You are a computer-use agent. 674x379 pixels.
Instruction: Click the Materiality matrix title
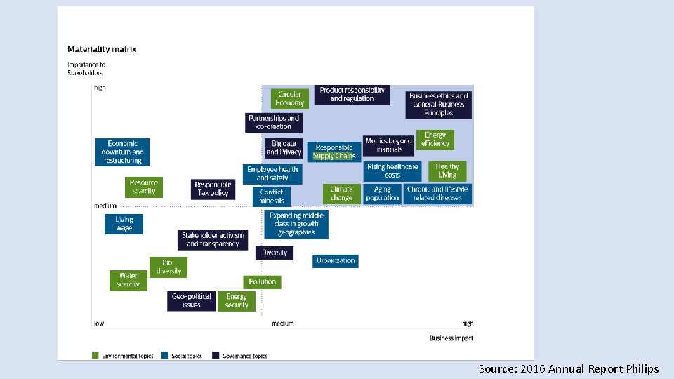[x=102, y=49]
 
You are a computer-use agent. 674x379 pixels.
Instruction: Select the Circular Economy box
[x=289, y=98]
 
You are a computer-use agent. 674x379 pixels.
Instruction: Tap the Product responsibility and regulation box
[x=352, y=95]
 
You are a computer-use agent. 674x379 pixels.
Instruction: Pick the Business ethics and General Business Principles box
[x=439, y=105]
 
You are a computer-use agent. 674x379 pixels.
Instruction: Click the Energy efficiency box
[x=435, y=140]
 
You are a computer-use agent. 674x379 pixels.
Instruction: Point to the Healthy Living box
[x=447, y=171]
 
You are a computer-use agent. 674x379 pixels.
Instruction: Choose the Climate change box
[x=341, y=194]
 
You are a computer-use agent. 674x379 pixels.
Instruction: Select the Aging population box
[x=383, y=194]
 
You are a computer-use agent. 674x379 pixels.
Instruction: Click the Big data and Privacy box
[x=284, y=148]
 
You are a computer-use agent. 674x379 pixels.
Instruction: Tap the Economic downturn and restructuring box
[x=123, y=152]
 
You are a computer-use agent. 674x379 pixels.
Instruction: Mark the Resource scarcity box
[x=143, y=187]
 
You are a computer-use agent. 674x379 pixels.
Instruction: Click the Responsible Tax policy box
[x=213, y=189]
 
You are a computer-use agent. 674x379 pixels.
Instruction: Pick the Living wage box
[x=124, y=224]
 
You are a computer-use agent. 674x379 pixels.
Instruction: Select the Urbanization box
[x=336, y=260]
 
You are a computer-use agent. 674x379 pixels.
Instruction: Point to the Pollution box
[x=262, y=281]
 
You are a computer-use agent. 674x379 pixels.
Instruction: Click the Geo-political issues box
[x=192, y=301]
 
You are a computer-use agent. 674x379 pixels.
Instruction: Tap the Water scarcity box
[x=128, y=280]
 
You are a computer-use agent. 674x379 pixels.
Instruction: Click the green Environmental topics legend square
[x=95, y=356]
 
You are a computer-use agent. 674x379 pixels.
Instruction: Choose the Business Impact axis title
[x=451, y=338]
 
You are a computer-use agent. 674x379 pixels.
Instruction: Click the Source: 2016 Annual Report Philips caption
[x=569, y=368]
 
